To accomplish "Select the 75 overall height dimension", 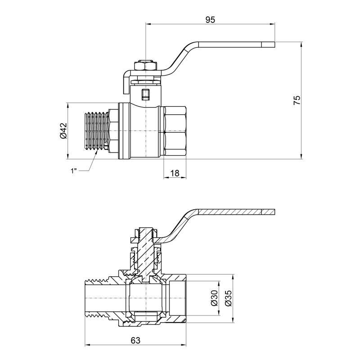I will tap(296, 100).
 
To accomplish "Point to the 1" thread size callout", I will tap(74, 171).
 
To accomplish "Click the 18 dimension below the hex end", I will tap(175, 172).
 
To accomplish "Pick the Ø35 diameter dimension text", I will tap(228, 298).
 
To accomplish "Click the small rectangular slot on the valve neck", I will tap(145, 94).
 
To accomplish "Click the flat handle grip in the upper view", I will tap(234, 44).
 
